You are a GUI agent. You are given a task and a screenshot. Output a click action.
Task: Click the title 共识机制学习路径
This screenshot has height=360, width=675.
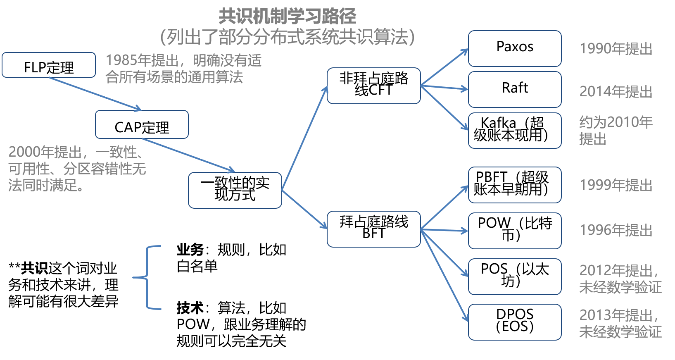tap(287, 17)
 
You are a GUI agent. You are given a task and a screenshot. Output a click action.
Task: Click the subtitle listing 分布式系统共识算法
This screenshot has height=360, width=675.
tap(287, 37)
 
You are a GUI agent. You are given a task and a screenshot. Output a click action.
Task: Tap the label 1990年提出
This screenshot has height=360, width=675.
tap(616, 49)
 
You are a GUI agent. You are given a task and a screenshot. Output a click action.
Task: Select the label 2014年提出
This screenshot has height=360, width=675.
tap(616, 91)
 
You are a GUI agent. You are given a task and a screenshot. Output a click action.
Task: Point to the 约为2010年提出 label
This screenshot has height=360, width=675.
tap(616, 130)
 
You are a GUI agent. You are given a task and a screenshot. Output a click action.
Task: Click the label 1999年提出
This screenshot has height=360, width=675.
tap(616, 185)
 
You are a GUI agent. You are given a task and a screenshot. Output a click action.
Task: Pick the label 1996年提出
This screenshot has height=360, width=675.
tap(616, 230)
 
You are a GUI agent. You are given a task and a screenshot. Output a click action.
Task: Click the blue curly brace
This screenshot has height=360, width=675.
tap(148, 277)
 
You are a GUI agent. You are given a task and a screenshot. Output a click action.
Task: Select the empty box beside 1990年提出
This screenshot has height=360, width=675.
tap(515, 48)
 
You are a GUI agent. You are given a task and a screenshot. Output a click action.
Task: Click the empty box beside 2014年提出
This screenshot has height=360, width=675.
tap(515, 89)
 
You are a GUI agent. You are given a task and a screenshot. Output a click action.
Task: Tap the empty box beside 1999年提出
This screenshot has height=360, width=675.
tap(515, 185)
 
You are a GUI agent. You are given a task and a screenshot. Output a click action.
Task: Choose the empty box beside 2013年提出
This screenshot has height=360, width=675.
tap(515, 322)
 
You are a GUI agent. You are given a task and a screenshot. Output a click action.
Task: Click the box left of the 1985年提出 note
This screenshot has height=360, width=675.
tap(49, 65)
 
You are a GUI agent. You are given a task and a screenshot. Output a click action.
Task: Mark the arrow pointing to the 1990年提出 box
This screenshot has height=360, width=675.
tap(444, 67)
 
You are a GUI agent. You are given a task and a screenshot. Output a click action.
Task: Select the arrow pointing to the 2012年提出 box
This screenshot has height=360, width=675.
tap(444, 253)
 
